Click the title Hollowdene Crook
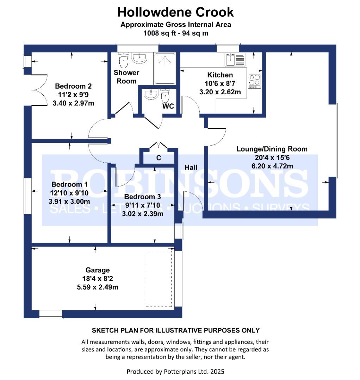coord(175,12)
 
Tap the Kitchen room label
coord(220,75)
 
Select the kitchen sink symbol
coord(235,60)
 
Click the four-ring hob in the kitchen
coord(255,81)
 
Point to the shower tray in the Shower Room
coord(165,68)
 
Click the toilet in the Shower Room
coord(123,61)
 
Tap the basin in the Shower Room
coord(139,58)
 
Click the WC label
coord(168,106)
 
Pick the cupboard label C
coord(159,158)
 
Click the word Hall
coord(191,167)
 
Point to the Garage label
coord(98,270)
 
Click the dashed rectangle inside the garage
coord(159,278)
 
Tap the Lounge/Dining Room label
coord(272,149)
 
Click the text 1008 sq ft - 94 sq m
coord(175,33)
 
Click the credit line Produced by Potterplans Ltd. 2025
coord(175,371)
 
